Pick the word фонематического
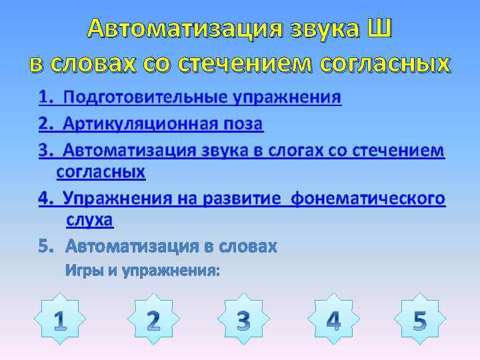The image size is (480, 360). click(x=369, y=199)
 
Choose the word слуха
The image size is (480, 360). click(x=89, y=220)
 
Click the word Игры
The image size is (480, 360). click(x=83, y=271)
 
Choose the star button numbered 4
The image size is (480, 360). click(x=333, y=321)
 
